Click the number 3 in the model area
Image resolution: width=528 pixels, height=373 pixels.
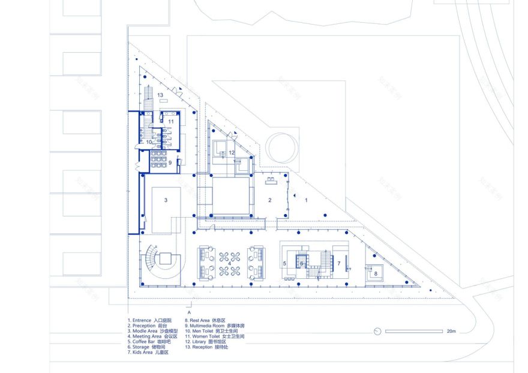point(166,199)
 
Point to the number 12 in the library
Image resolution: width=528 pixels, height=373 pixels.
point(231,152)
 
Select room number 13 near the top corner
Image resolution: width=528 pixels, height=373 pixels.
point(160,95)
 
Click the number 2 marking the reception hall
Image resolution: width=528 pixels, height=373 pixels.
point(270,200)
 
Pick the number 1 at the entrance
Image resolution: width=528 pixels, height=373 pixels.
point(306,200)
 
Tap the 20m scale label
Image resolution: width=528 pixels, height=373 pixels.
point(451,332)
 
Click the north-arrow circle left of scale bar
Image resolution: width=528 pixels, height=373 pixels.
point(377,331)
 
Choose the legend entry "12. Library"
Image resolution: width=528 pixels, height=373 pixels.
point(206,342)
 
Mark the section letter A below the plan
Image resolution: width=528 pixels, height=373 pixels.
point(189,313)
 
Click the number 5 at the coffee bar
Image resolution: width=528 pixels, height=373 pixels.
point(285,263)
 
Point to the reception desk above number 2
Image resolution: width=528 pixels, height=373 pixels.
point(269,179)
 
